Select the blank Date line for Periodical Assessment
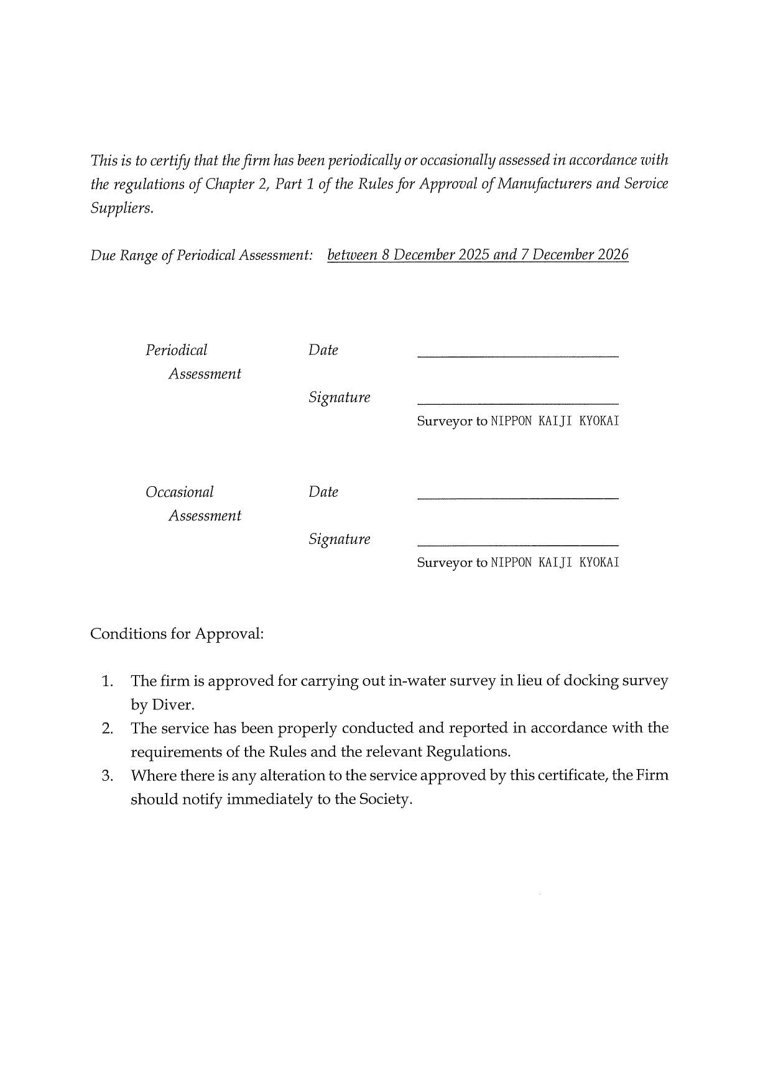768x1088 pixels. pos(517,355)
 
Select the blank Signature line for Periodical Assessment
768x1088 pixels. pos(517,402)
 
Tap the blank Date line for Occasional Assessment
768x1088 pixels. pos(517,497)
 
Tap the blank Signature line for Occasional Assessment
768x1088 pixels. pos(517,544)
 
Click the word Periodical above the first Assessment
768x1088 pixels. pos(177,351)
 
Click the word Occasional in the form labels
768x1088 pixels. pos(180,492)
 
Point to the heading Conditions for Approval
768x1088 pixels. pos(177,634)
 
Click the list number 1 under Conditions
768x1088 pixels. pos(107,681)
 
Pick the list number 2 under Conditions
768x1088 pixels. pos(107,729)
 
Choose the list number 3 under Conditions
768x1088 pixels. pos(107,776)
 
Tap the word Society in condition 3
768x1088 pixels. pos(385,800)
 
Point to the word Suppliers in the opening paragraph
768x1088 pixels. pos(121,208)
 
